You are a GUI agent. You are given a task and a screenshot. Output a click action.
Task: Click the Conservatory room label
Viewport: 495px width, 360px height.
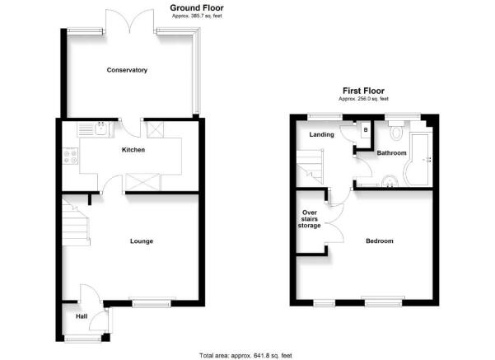coord(127,70)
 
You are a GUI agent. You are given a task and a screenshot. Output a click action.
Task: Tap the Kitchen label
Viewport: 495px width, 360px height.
coord(133,150)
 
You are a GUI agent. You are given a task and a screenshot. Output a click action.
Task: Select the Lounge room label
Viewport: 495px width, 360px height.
coord(142,241)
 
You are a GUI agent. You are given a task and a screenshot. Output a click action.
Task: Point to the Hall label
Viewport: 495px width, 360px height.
coord(82,316)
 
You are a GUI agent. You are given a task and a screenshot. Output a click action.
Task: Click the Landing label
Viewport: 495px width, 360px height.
coord(321,134)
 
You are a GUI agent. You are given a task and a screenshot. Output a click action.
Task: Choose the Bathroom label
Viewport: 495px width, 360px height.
coord(391,153)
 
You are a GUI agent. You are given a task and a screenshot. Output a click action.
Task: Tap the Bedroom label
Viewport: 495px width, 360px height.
coord(380,241)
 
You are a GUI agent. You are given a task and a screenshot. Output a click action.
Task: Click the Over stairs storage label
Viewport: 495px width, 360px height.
coord(310,219)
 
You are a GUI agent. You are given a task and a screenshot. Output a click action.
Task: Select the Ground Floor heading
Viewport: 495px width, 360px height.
coord(197,8)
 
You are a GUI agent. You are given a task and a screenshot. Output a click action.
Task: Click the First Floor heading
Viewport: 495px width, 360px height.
coord(364,91)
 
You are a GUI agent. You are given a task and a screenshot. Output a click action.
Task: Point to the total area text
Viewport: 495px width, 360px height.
coord(245,356)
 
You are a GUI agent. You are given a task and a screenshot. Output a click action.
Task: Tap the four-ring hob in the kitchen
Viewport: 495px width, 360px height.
coord(70,156)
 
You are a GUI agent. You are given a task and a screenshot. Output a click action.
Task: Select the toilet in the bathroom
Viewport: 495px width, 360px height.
coord(396,130)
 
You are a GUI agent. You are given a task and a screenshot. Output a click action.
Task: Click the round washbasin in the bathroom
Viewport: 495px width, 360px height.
coord(389,181)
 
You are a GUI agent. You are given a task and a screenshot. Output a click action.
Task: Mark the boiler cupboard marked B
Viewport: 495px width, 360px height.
coord(366,130)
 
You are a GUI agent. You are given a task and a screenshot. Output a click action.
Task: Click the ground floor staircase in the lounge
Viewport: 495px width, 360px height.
coord(76,221)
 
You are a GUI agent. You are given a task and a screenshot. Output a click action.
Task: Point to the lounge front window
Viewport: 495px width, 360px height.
coord(152,302)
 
